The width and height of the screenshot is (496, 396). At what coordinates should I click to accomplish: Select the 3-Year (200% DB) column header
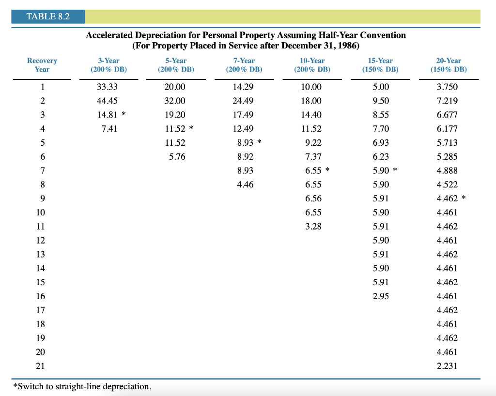pos(108,65)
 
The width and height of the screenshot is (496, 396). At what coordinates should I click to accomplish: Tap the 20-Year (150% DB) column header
pos(448,65)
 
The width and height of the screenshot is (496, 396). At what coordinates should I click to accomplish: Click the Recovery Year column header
pos(42,65)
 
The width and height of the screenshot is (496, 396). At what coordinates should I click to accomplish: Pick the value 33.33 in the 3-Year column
pos(108,87)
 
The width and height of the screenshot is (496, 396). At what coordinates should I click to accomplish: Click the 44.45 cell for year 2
pos(108,101)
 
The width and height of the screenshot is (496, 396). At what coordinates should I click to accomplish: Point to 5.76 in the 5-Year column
pos(177,157)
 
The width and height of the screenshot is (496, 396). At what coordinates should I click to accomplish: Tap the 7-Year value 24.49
pos(243,101)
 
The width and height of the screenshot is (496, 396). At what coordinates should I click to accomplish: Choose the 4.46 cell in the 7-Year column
pos(245,184)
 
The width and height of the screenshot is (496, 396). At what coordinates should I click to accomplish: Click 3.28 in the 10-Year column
pos(313,227)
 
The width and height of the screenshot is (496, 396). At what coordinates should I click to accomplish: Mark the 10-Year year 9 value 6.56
pos(313,198)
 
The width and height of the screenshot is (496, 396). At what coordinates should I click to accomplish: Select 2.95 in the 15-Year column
pos(381,296)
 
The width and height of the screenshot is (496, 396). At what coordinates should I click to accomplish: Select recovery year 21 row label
pos(42,366)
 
